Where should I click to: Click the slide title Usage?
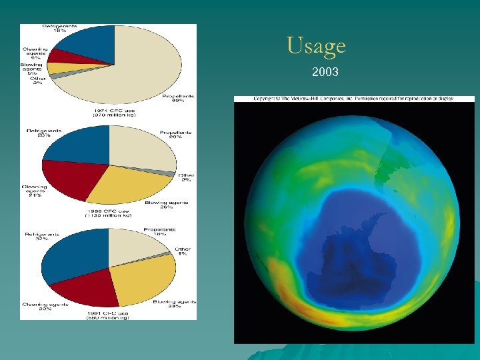click(x=316, y=45)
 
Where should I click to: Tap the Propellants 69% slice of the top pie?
click(x=147, y=67)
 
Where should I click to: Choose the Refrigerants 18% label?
click(x=60, y=28)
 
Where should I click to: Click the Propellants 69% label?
click(x=179, y=99)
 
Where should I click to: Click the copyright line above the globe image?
click(x=353, y=99)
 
